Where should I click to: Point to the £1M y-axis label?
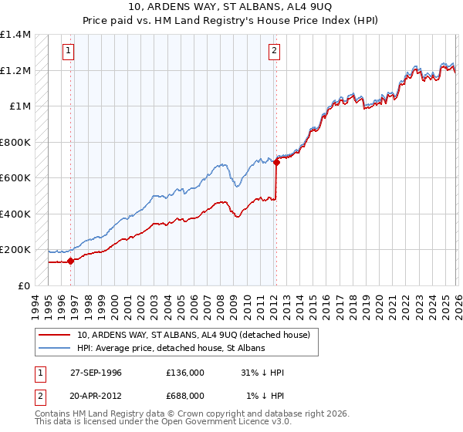click(x=19, y=106)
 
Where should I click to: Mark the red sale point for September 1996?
click(x=70, y=261)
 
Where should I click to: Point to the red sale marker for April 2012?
click(x=275, y=163)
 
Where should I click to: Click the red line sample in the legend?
click(x=56, y=335)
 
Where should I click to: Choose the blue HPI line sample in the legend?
click(x=56, y=349)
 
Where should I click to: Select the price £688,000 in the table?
click(x=185, y=395)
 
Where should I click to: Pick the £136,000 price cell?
click(x=185, y=373)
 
